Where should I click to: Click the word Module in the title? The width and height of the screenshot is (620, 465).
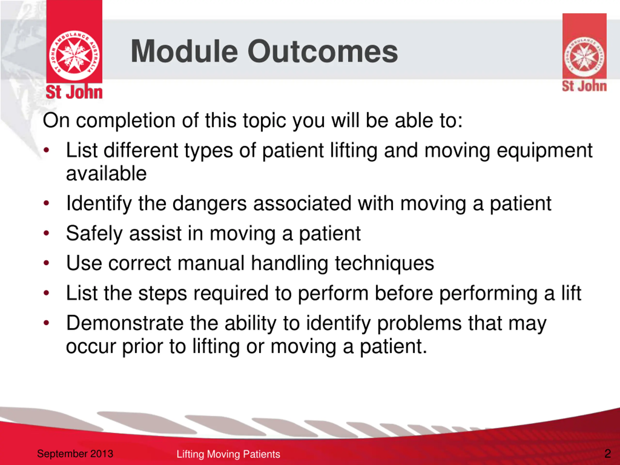[185, 51]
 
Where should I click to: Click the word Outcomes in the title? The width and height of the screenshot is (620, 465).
[323, 51]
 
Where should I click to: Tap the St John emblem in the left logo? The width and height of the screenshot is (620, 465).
[74, 55]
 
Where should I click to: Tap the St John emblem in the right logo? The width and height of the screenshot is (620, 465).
[585, 57]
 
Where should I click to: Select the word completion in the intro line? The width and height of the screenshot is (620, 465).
[126, 121]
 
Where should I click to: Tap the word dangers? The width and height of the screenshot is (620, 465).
[210, 204]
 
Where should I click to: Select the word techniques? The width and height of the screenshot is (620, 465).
[385, 264]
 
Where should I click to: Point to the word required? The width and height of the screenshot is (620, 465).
[231, 294]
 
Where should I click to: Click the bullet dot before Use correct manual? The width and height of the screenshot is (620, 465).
[46, 263]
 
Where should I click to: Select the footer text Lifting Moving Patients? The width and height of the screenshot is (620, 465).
[228, 454]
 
